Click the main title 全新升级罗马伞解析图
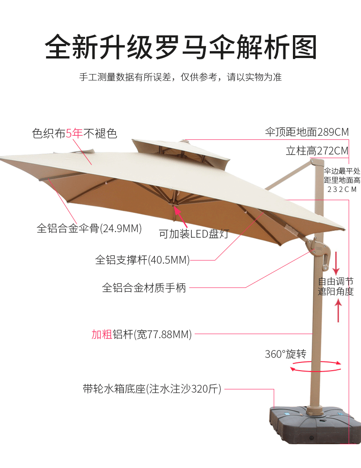click(180, 47)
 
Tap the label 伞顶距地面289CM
click(307, 133)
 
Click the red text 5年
click(74, 133)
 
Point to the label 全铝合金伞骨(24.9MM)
click(89, 228)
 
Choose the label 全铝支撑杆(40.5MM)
click(142, 260)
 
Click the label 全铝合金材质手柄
click(144, 288)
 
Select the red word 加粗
click(101, 335)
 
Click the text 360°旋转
click(285, 354)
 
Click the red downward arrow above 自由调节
click(338, 262)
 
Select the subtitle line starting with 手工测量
click(180, 77)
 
